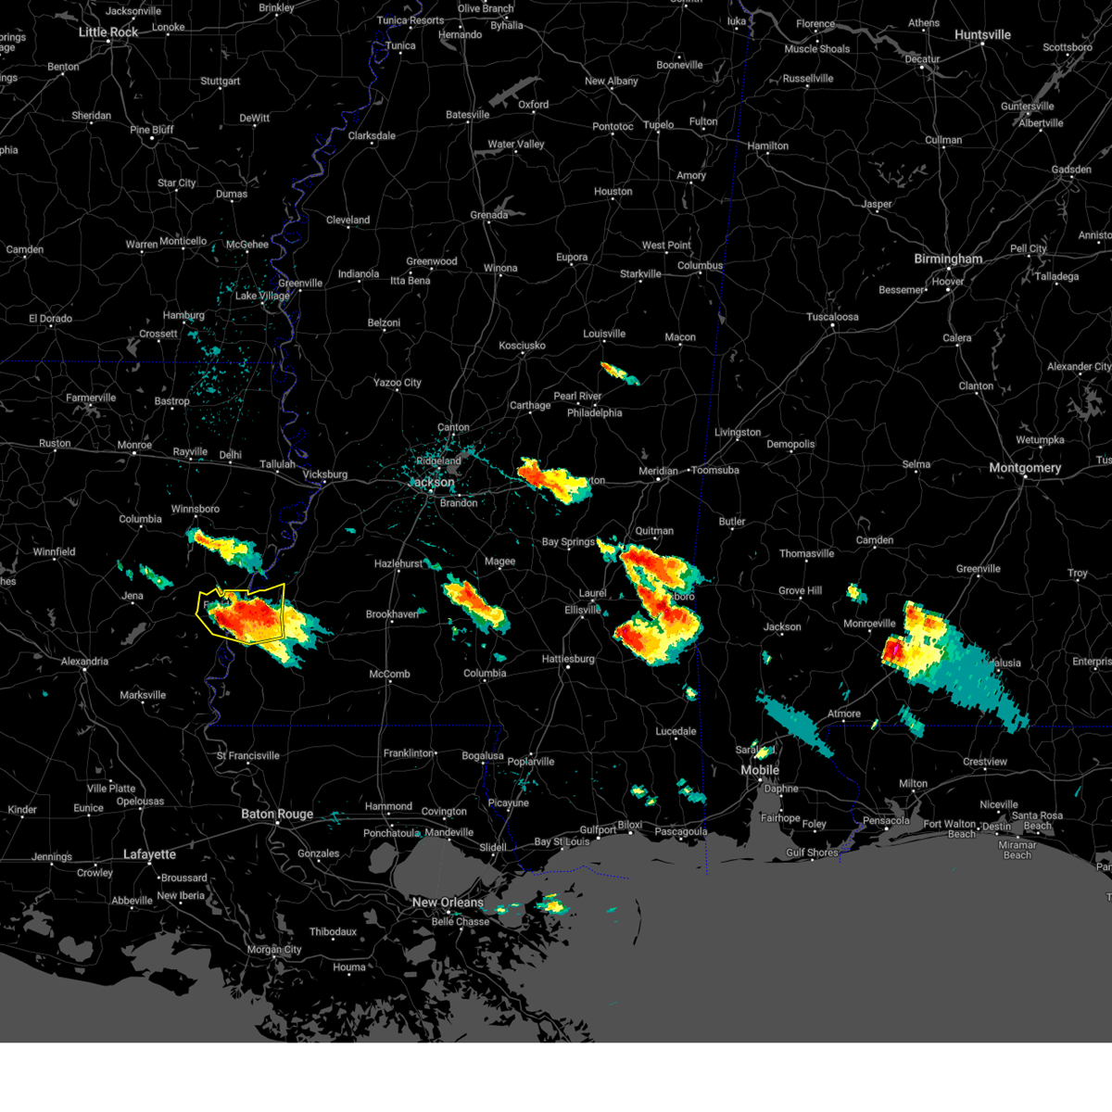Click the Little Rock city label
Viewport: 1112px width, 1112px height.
pyautogui.click(x=108, y=32)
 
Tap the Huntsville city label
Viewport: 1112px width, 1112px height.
pyautogui.click(x=982, y=35)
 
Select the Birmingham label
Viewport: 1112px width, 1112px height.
pyautogui.click(x=948, y=259)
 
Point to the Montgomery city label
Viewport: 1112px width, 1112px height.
pyautogui.click(x=1025, y=468)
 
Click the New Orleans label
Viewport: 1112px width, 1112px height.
pyautogui.click(x=448, y=903)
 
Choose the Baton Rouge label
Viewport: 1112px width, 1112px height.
pyautogui.click(x=277, y=815)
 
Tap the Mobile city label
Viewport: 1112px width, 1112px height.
pyautogui.click(x=760, y=771)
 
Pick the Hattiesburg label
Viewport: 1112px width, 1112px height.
pyautogui.click(x=568, y=659)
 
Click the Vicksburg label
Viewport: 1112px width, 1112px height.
pyautogui.click(x=325, y=474)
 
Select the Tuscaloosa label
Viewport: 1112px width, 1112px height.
pyautogui.click(x=832, y=317)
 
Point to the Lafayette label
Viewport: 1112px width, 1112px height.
pyautogui.click(x=149, y=854)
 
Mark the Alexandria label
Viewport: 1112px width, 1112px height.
pyautogui.click(x=84, y=662)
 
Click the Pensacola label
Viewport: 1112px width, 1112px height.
pyautogui.click(x=886, y=820)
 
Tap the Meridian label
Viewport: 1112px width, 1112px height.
pyautogui.click(x=659, y=472)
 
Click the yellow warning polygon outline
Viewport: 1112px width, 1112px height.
pyautogui.click(x=283, y=602)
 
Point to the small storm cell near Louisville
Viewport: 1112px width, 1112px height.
pyautogui.click(x=618, y=373)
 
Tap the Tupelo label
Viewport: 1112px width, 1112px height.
pyautogui.click(x=659, y=125)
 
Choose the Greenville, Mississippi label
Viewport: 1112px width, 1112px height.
pyautogui.click(x=300, y=284)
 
